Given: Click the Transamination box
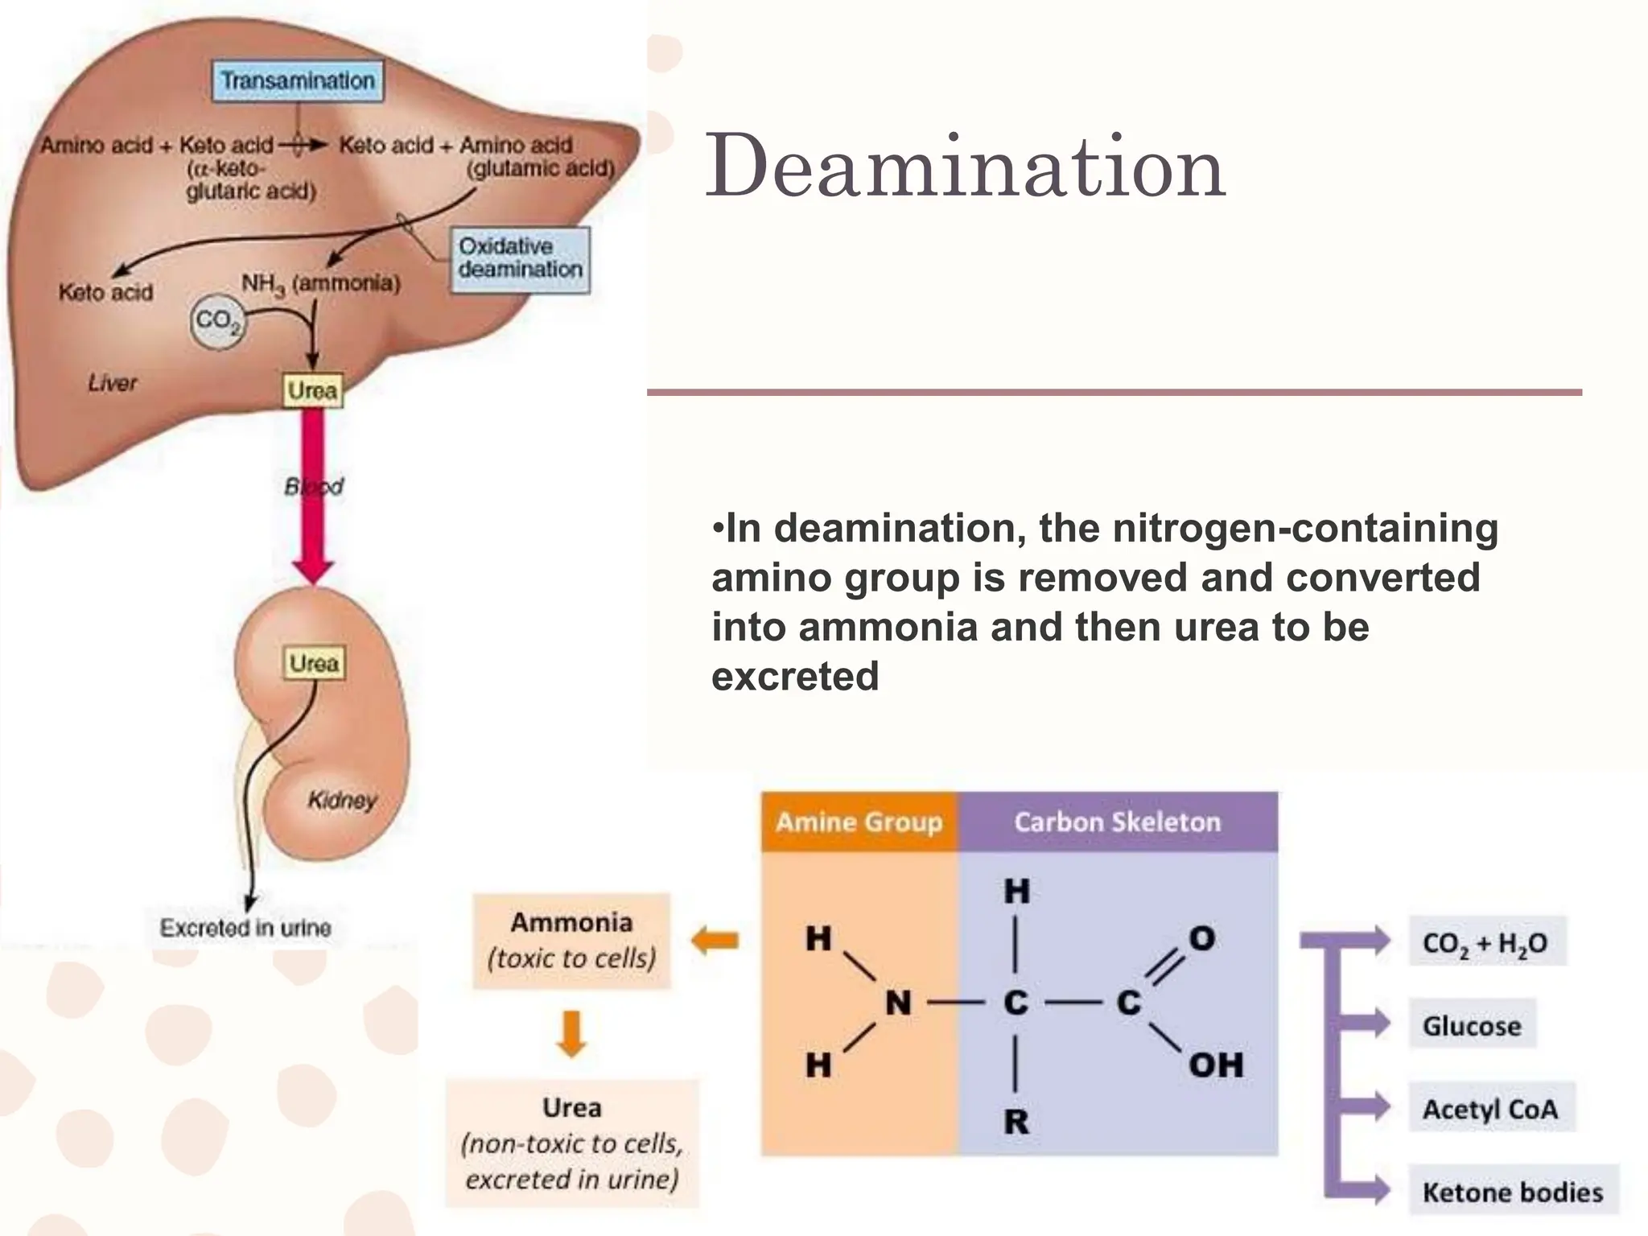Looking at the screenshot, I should (x=298, y=80).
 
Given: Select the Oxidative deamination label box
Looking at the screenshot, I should (x=520, y=258).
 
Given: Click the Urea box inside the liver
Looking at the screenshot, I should (x=312, y=390).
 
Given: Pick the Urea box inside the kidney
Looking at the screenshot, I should (x=314, y=663).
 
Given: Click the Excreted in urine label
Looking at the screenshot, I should (x=245, y=928).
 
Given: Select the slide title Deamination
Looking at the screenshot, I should (x=965, y=167).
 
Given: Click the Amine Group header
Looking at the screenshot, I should (x=859, y=822).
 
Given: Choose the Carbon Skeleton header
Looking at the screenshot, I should (x=1117, y=822).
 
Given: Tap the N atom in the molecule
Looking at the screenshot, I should (x=898, y=1003).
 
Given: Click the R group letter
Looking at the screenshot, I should (x=1016, y=1121).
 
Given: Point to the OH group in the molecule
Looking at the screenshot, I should (x=1216, y=1065).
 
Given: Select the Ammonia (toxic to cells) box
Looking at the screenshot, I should (x=571, y=940).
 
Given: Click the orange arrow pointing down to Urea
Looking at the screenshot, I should (x=571, y=1033).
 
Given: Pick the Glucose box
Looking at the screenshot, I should (x=1472, y=1025).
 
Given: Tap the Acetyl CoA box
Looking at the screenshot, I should (x=1490, y=1109).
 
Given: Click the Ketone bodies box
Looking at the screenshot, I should (x=1513, y=1192).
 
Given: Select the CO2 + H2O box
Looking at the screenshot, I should (x=1485, y=942).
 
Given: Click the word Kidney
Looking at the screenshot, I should (x=342, y=800).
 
